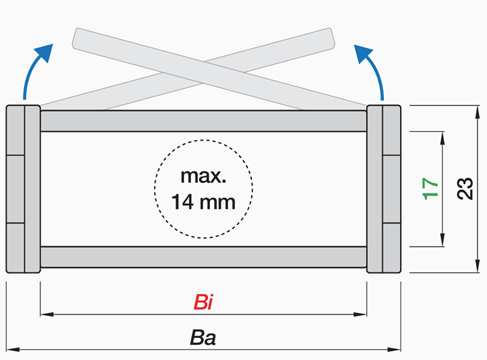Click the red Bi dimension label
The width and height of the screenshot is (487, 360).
[204, 303]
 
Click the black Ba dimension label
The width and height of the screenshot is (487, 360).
[203, 337]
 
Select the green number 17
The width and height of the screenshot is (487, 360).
[430, 189]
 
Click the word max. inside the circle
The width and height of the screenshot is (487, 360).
[203, 178]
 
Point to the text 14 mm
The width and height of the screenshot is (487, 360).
[203, 201]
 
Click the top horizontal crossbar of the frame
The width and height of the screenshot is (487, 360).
[203, 121]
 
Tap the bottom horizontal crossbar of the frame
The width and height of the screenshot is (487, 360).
[203, 256]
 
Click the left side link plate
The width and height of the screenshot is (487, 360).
[23, 189]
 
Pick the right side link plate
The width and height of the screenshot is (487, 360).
[384, 189]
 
